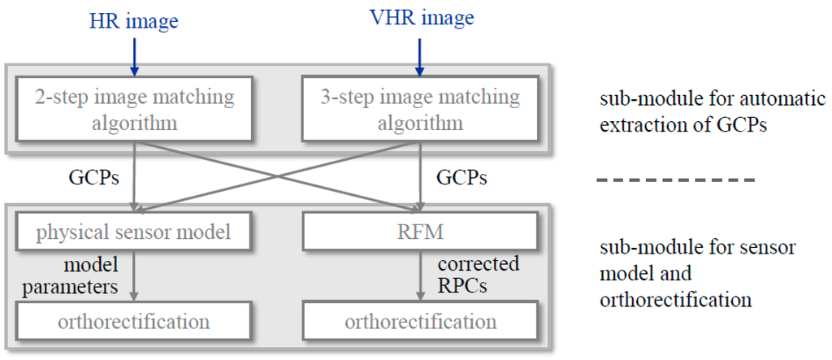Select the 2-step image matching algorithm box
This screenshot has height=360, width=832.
click(x=134, y=111)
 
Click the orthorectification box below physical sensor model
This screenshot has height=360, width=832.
click(x=134, y=322)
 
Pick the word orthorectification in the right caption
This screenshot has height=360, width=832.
click(x=674, y=299)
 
